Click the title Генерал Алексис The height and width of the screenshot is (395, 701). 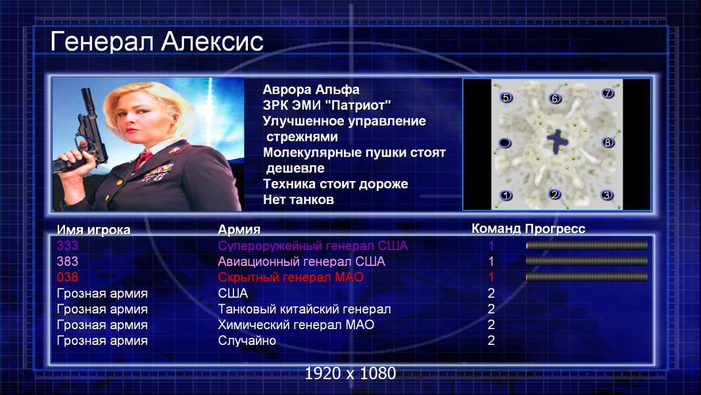(x=157, y=41)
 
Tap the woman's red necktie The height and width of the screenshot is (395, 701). (x=143, y=158)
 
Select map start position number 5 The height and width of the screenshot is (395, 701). (x=506, y=97)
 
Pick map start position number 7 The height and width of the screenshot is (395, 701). (x=608, y=93)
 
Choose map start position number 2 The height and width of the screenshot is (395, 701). (x=555, y=195)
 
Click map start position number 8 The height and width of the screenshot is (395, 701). (x=607, y=143)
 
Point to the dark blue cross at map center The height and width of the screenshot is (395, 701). (x=558, y=142)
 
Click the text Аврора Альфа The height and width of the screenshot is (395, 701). (x=310, y=90)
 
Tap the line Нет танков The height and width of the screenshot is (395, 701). (x=298, y=199)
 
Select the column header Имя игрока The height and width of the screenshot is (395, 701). (x=93, y=230)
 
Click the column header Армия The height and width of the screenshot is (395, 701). (x=239, y=230)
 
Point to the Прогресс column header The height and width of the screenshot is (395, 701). (x=555, y=228)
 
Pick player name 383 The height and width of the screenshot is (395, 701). (x=68, y=261)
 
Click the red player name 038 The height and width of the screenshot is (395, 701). (x=68, y=277)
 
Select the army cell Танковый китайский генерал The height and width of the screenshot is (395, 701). (x=304, y=309)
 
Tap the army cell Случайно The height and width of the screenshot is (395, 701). (x=247, y=340)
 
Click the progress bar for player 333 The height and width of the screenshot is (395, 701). (x=587, y=245)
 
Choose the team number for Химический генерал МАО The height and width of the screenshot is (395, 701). (x=491, y=325)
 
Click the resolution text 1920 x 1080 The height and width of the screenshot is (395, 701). (x=350, y=373)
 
